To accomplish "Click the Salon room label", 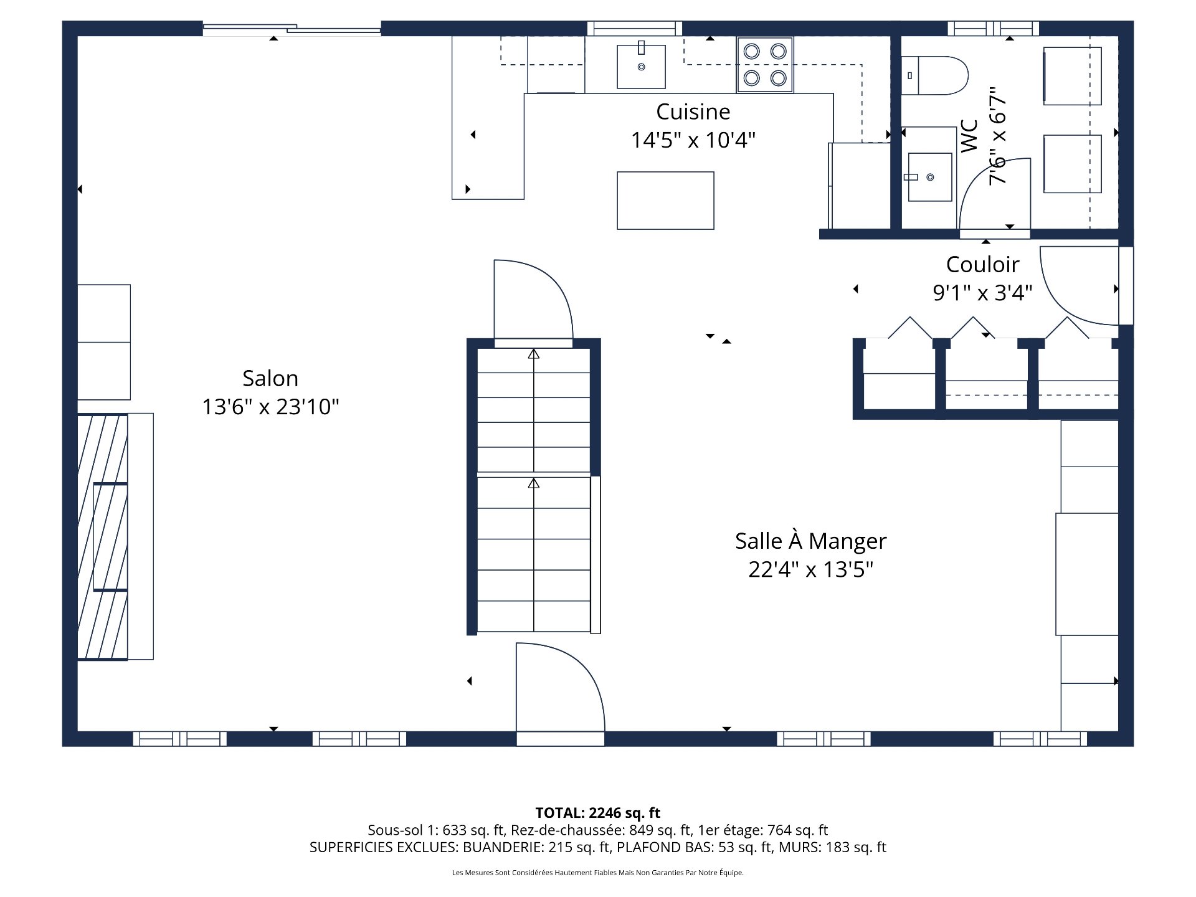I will point(270,379).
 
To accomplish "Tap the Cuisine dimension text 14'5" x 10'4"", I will point(693,140).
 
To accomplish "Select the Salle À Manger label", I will point(810,541).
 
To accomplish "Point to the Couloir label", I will point(982,265).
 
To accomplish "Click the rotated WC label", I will point(969,136).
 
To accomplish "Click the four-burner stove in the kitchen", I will point(765,65).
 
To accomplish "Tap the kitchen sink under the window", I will point(641,66).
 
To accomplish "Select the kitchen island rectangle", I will point(665,201).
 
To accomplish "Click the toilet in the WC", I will point(934,75).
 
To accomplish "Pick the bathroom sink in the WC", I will point(929,178).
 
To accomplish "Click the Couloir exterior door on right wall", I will point(1084,285).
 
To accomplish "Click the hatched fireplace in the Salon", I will point(103,536).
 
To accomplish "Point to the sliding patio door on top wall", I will point(292,28).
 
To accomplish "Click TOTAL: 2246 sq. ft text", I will point(597,813).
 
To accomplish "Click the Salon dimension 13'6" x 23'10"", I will point(270,407).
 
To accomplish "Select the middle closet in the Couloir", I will point(986,377).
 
